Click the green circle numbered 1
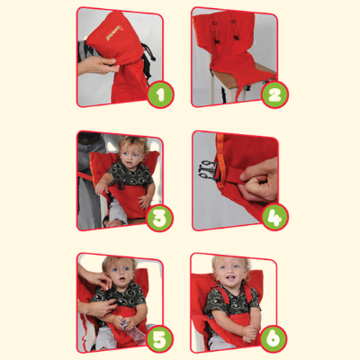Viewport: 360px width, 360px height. [160, 94]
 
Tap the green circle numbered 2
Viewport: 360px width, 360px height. [274, 94]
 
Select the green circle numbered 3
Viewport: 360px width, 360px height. [159, 218]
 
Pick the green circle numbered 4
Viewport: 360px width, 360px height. [274, 217]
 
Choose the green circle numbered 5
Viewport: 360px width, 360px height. [159, 339]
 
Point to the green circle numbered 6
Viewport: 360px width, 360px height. [274, 339]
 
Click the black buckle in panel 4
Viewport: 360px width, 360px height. [208, 170]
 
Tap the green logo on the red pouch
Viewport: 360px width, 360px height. [113, 33]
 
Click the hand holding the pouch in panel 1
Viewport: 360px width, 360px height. [96, 65]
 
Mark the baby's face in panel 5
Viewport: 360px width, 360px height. [121, 274]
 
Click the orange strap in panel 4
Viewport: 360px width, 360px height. [220, 159]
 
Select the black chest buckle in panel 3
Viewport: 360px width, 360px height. [121, 184]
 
